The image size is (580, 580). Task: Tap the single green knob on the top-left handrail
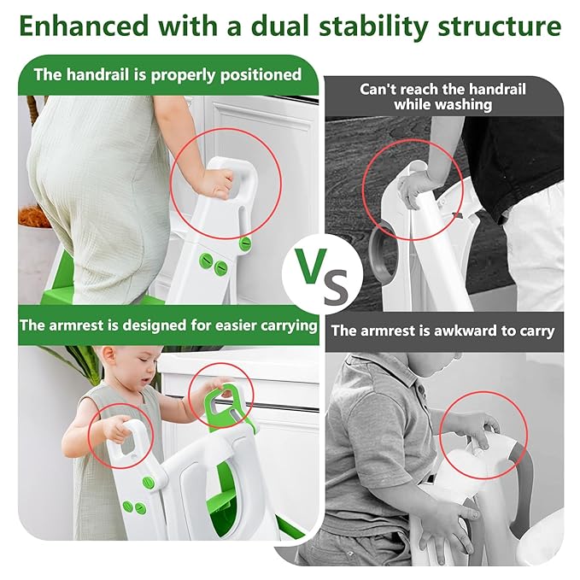pyautogui.click(x=246, y=244)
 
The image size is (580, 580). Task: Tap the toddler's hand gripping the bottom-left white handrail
pyautogui.click(x=114, y=427)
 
